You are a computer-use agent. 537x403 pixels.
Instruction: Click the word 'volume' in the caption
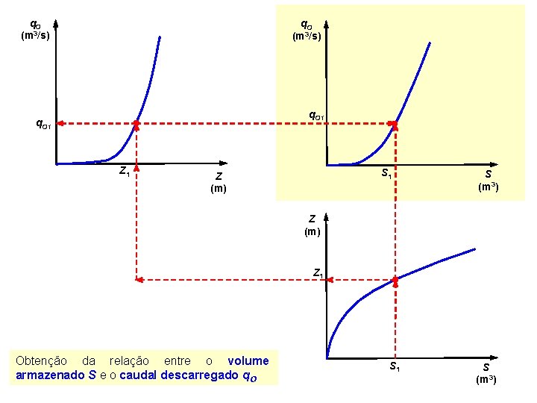point(248,361)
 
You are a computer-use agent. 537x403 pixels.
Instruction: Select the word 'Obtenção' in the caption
point(41,361)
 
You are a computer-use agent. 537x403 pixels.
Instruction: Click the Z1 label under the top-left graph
point(125,171)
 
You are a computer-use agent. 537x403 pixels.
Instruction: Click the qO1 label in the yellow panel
point(316,116)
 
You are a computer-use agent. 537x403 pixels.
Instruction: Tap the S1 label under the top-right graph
point(386,174)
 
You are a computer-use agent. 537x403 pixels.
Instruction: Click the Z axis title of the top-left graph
point(219,177)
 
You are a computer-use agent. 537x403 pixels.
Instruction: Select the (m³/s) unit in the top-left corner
point(36,36)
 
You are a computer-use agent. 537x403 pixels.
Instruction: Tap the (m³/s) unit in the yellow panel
point(307,36)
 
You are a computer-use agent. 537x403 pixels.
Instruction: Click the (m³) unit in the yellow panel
point(488,187)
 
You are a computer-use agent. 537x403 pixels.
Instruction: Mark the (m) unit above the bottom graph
point(312,231)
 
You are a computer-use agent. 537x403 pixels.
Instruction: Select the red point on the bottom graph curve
point(395,280)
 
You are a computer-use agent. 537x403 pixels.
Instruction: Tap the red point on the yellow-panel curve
point(395,123)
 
